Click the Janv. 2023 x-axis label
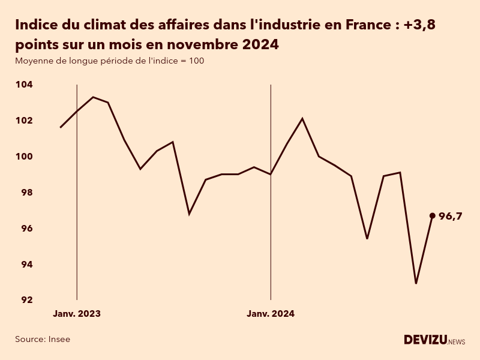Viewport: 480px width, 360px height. coord(77,314)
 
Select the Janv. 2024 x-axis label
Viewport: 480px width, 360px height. coord(271,314)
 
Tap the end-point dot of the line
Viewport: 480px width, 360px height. coord(433,215)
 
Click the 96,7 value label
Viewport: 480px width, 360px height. coord(451,217)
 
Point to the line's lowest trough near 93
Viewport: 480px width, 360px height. coord(416,283)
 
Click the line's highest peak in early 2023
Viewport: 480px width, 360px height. coord(92,97)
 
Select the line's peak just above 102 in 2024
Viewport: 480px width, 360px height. coord(302,118)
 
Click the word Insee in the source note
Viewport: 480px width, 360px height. coord(59,339)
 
